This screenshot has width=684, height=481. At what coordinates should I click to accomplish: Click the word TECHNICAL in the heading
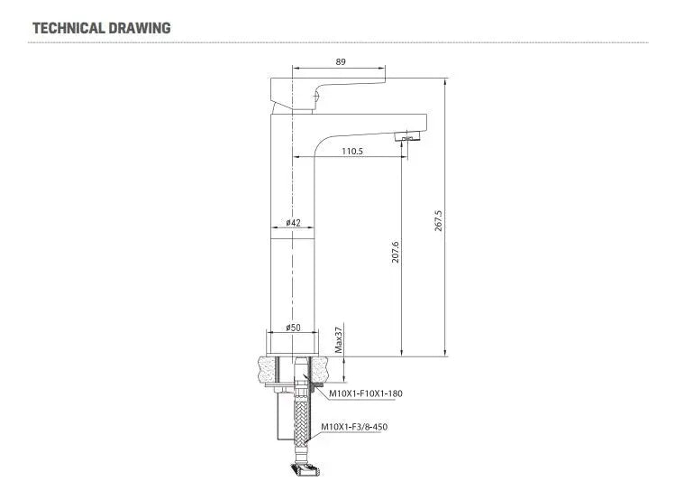[68, 28]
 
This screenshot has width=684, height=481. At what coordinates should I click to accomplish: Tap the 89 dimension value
[341, 61]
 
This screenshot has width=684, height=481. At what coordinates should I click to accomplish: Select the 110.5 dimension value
[352, 152]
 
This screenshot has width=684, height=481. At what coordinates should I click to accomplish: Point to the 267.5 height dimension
[438, 220]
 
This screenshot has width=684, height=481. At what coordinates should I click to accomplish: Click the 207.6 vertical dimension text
[396, 252]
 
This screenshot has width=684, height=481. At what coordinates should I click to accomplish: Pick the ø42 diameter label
[293, 222]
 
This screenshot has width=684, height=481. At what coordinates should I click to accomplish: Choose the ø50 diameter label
[293, 328]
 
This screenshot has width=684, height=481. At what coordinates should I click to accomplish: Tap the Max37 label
[339, 340]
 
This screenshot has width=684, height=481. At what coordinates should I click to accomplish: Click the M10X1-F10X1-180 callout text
[366, 393]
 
